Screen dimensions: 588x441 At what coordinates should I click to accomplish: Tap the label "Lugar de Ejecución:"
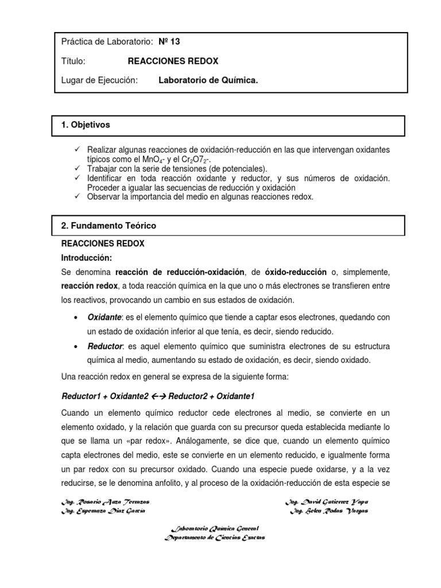click(100, 80)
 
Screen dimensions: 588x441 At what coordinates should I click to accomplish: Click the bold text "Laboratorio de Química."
click(208, 80)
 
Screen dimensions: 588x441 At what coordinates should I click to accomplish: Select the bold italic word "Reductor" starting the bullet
click(105, 346)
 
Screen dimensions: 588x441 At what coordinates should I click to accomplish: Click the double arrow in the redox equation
click(157, 396)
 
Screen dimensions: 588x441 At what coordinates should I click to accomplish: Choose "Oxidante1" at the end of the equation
click(235, 396)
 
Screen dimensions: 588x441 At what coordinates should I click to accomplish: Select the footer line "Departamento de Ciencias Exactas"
click(215, 537)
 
